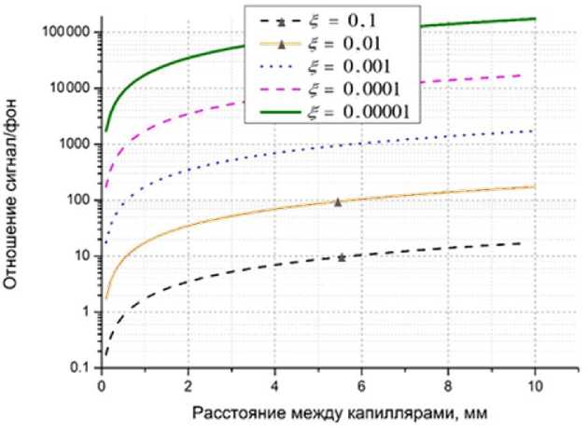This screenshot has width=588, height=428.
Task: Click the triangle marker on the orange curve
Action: [338, 201]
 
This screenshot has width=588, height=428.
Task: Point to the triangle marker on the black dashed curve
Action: [342, 257]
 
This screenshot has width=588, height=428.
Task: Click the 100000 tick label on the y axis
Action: [62, 33]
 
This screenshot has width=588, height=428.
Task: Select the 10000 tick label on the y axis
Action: [66, 89]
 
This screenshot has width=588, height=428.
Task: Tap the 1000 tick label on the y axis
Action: [71, 145]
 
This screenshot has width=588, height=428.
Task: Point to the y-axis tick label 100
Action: [76, 200]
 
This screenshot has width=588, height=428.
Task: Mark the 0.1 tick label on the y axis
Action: [79, 369]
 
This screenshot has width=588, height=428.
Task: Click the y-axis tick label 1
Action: [85, 312]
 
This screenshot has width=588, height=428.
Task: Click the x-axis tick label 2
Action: [188, 385]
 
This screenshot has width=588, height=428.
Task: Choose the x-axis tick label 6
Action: [361, 385]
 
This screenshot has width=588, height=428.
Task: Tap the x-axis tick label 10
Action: [534, 385]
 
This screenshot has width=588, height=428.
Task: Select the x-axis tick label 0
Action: [101, 385]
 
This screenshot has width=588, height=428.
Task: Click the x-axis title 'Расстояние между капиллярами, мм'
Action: [316, 411]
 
